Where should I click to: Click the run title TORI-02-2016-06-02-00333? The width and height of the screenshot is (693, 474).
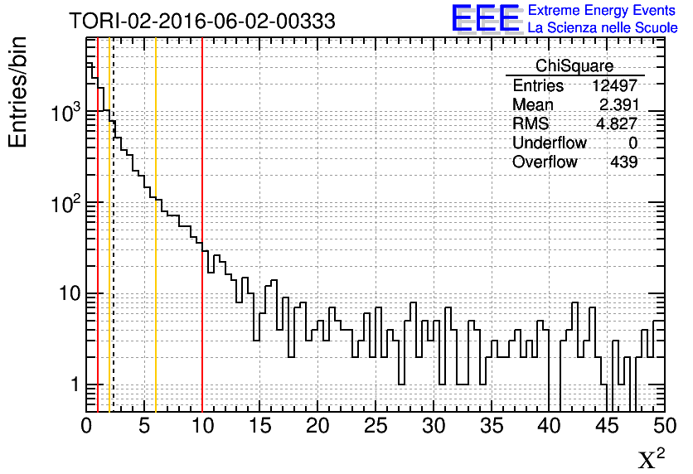point(202,21)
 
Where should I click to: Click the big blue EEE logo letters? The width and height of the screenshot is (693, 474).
point(486,18)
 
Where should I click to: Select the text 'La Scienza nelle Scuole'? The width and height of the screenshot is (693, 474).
point(603,28)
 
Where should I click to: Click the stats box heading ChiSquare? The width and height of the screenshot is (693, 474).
point(574,66)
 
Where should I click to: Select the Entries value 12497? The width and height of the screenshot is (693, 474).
point(614,86)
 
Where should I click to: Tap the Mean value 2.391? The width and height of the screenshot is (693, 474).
point(618,105)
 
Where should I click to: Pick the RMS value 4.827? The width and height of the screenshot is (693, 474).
point(618,124)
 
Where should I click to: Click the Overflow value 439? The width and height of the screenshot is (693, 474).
point(623,162)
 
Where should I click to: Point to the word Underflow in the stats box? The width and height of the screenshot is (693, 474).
point(550,143)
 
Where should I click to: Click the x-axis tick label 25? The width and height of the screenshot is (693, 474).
point(376,426)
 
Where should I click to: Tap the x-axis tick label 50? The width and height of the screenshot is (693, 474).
point(663,426)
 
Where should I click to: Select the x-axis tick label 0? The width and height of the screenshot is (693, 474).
point(86,426)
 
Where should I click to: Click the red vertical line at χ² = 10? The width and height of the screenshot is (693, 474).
point(202,331)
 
